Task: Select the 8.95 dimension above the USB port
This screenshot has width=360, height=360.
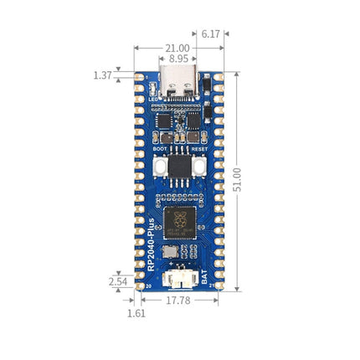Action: pyautogui.click(x=178, y=59)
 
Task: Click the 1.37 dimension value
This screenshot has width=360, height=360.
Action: pyautogui.click(x=103, y=75)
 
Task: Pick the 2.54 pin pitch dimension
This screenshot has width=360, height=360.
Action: pyautogui.click(x=118, y=282)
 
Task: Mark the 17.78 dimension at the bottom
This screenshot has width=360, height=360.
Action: pyautogui.click(x=177, y=299)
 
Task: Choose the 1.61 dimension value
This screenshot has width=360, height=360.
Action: pyautogui.click(x=135, y=313)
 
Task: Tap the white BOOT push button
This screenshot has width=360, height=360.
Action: pyautogui.click(x=159, y=166)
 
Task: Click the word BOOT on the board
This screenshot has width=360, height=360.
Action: pyautogui.click(x=160, y=149)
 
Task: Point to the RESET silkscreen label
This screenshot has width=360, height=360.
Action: pyautogui.click(x=198, y=149)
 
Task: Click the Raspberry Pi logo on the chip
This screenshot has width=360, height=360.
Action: pyautogui.click(x=179, y=219)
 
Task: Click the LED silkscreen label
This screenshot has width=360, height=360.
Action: pyautogui.click(x=153, y=100)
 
